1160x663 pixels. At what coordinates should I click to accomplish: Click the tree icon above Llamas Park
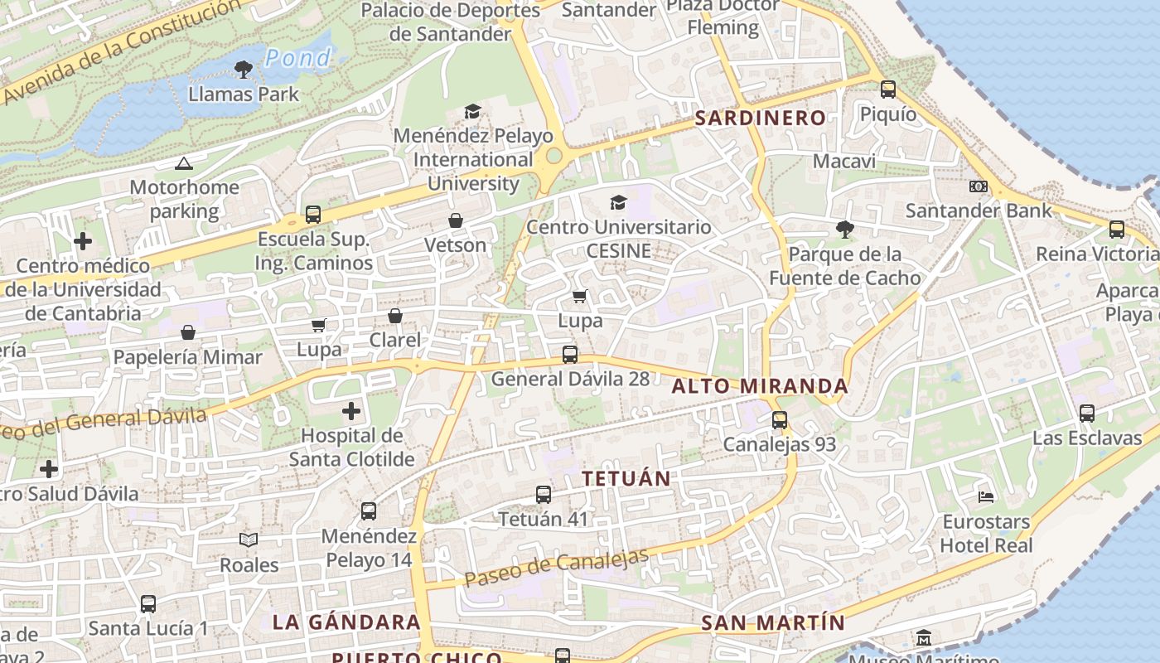point(243,69)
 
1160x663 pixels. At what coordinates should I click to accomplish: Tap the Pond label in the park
point(298,58)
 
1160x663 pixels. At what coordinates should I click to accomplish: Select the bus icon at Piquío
point(888,89)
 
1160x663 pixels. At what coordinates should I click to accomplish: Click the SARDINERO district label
point(760,118)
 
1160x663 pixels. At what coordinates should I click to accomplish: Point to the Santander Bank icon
point(979,186)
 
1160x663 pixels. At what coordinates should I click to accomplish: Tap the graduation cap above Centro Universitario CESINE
point(618,202)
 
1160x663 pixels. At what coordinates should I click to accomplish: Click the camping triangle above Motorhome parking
point(184,164)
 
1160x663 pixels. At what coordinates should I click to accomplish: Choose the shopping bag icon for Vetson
point(455,220)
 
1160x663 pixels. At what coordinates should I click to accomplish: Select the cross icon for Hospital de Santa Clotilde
point(351,410)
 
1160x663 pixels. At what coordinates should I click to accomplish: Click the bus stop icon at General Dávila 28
point(570,355)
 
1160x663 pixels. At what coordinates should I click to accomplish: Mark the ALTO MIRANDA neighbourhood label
point(760,386)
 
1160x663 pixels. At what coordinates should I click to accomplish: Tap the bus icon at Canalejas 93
point(780,420)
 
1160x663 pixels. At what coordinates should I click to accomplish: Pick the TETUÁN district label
point(626,479)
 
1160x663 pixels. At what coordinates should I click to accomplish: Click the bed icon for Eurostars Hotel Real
point(986,496)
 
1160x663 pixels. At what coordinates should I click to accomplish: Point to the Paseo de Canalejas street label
point(556,569)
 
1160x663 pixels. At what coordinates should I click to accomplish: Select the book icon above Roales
point(249,540)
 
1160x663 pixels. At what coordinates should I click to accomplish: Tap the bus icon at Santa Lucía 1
point(148,603)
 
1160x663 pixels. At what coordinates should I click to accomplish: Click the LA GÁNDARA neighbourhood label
point(346,622)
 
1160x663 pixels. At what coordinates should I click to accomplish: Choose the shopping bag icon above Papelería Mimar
point(188,332)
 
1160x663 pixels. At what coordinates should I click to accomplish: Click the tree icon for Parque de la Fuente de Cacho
point(844,229)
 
